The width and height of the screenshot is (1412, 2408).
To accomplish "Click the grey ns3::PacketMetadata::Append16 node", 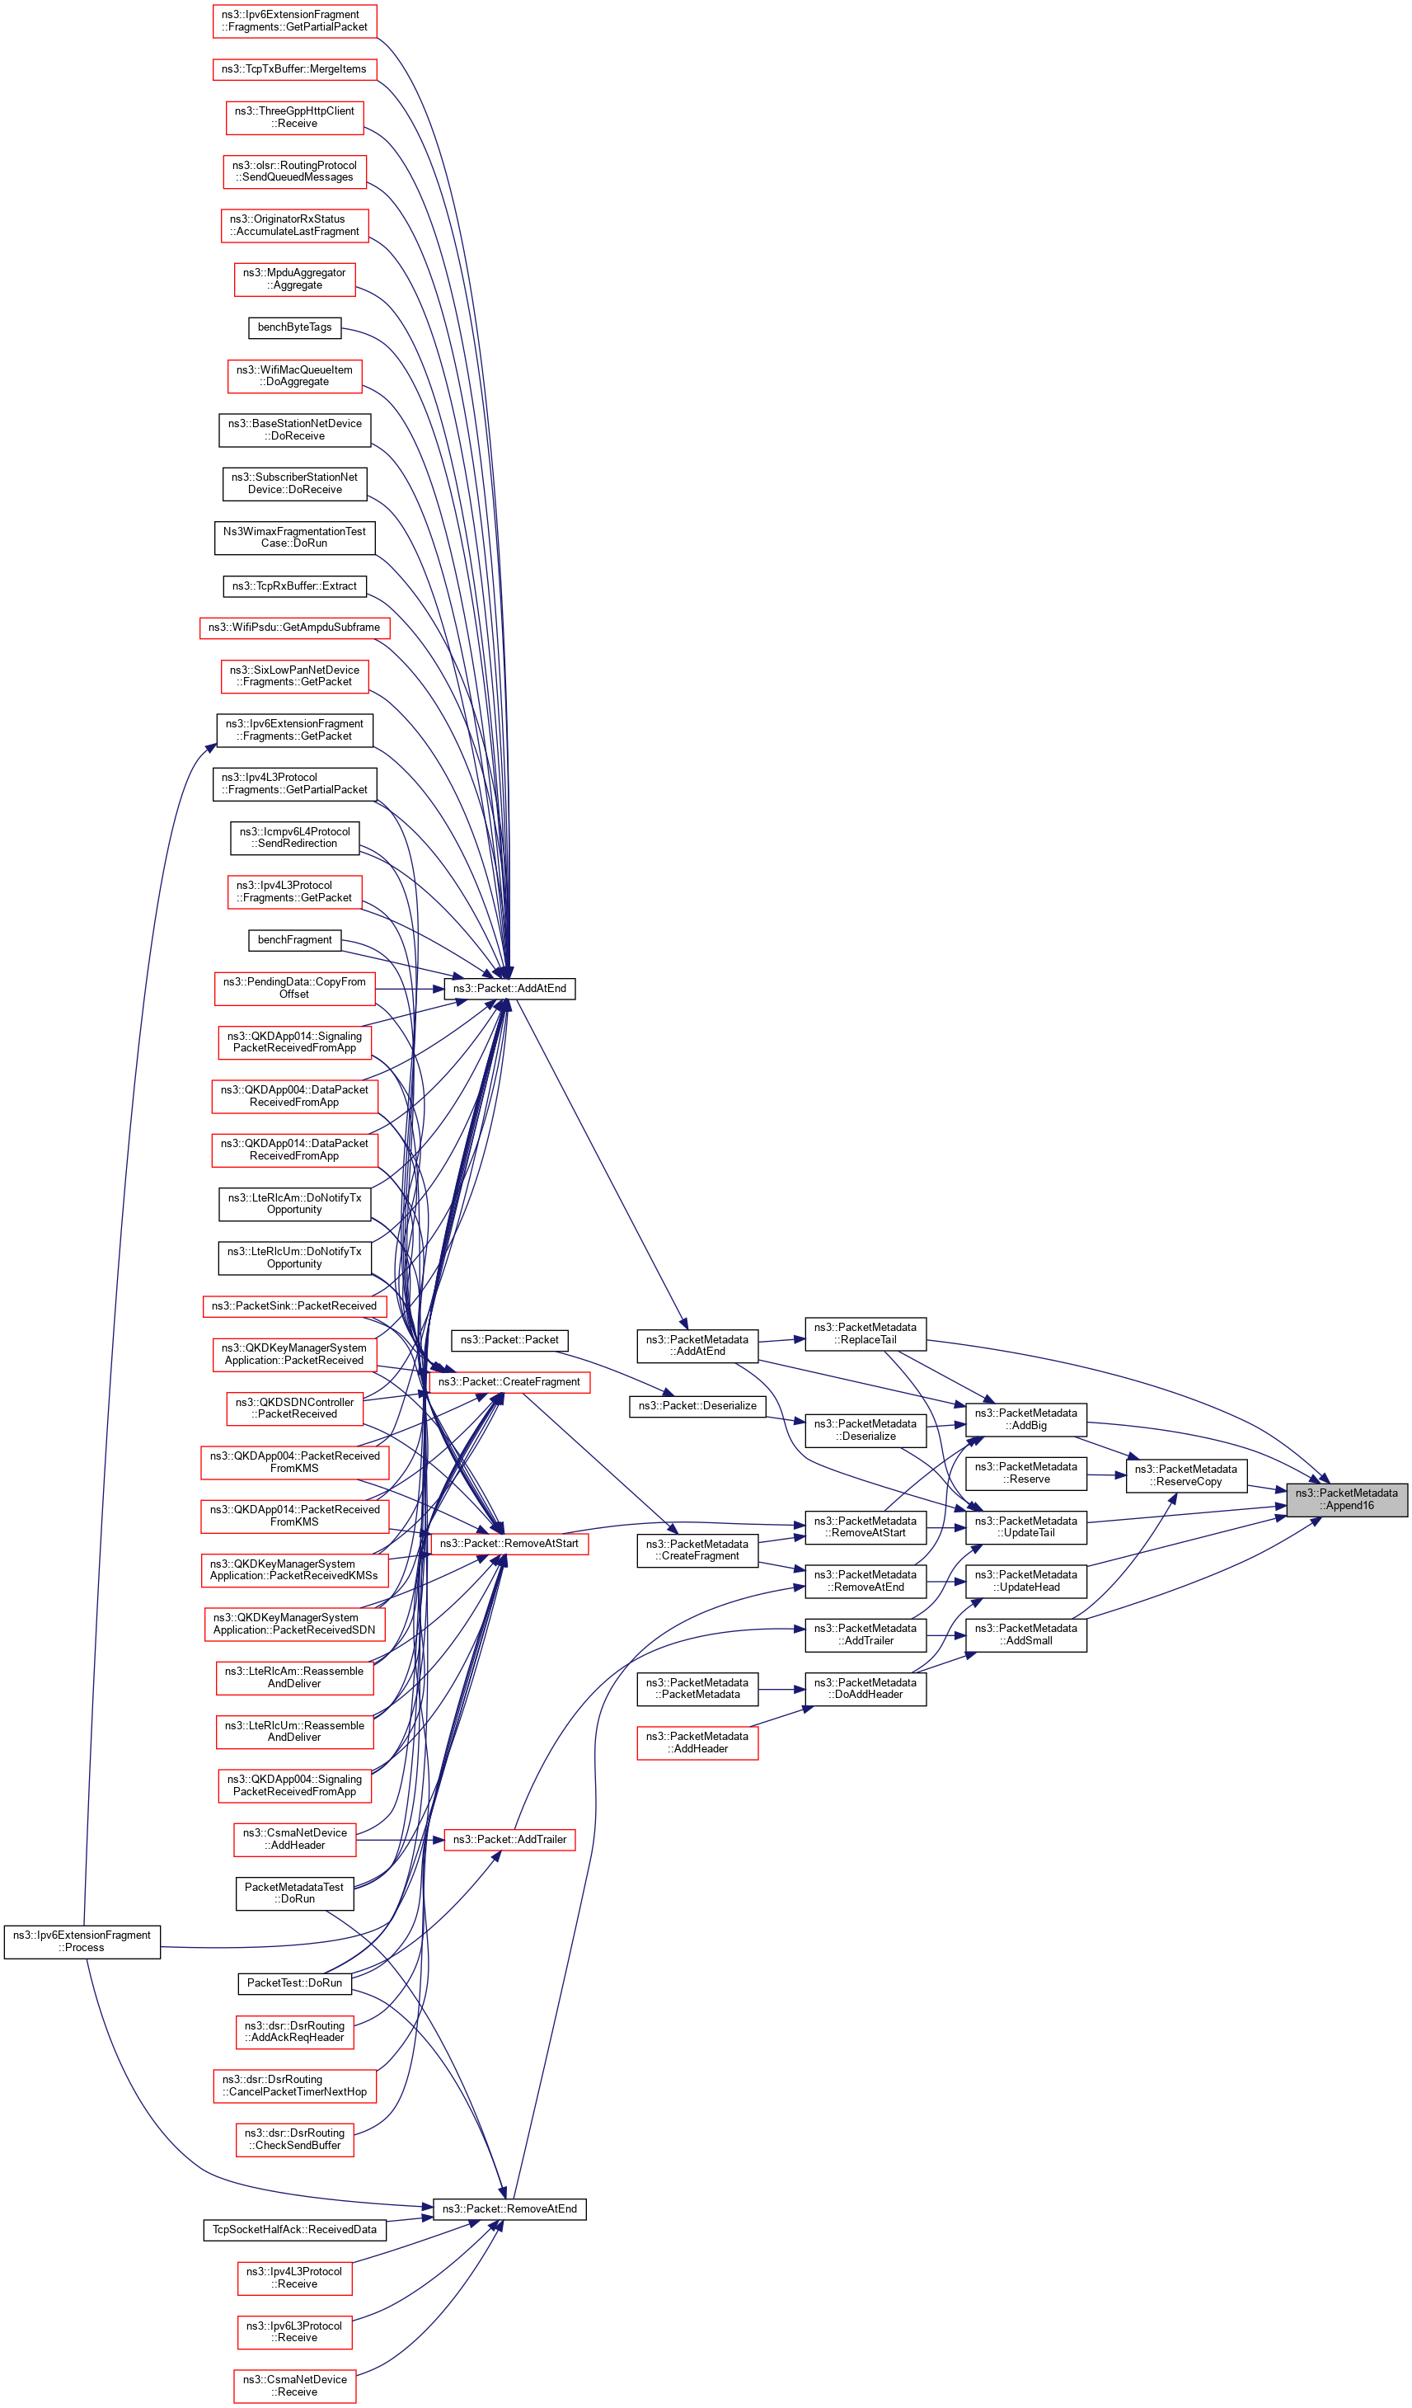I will point(1345,1498).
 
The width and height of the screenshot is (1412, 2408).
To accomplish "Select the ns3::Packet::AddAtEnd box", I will point(509,988).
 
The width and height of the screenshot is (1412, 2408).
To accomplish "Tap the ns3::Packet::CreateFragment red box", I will point(509,1382).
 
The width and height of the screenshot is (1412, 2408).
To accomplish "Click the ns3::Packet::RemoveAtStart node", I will point(509,1542).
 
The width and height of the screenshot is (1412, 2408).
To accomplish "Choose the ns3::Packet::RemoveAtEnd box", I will point(509,2208).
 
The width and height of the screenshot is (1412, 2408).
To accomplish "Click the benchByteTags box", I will point(294,327).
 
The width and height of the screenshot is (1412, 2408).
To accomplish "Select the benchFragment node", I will point(294,939).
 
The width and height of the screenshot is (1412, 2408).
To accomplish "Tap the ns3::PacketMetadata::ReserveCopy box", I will point(1185,1474).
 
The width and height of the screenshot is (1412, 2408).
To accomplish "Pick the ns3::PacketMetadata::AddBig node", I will point(1025,1419).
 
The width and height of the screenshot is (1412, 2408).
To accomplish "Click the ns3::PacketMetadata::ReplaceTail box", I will point(865,1333).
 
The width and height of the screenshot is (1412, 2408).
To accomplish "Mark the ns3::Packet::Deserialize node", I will point(697,1405).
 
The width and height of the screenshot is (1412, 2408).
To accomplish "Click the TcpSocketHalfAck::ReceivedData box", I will point(294,2229).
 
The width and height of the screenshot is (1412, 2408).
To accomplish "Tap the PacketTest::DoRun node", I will point(294,1982).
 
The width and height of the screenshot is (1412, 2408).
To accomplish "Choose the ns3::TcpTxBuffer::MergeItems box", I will point(294,68).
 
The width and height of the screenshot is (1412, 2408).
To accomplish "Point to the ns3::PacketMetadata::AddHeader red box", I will point(697,1742).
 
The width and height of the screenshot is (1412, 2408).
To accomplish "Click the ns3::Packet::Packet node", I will point(509,1340).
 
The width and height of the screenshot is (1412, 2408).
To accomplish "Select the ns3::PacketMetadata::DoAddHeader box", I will point(865,1688).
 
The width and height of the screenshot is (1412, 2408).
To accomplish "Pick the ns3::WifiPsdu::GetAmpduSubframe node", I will point(294,627).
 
